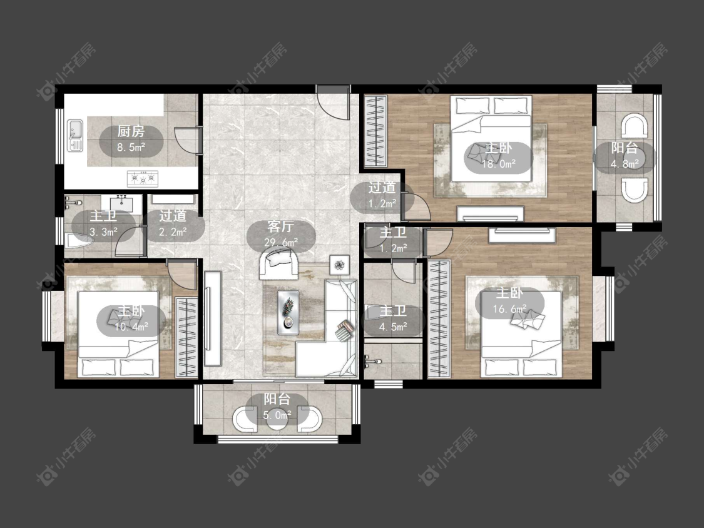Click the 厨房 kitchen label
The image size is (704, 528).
(131, 131)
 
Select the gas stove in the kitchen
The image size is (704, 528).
(143, 179)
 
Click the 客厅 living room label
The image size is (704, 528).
(280, 226)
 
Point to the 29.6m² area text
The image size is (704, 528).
(282, 243)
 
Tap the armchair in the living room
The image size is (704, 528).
(280, 263)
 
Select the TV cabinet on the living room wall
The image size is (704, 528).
(212, 318)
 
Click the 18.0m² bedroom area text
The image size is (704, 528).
(499, 164)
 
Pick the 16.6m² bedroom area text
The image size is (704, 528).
(509, 309)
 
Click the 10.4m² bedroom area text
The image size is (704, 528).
(131, 327)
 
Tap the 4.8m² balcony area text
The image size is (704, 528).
(625, 164)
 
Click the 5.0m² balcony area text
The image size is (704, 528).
(277, 415)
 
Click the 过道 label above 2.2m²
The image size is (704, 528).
(173, 216)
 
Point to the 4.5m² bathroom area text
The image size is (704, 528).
(394, 327)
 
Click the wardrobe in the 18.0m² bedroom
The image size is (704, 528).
(375, 131)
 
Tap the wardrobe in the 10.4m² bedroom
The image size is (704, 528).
(186, 337)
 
